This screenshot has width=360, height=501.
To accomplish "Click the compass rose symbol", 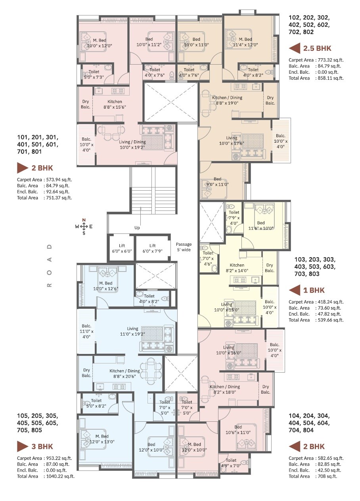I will tap(84, 227).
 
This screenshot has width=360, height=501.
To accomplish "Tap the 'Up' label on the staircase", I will tap(137, 228).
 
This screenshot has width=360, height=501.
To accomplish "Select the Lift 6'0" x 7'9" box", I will tap(152, 249).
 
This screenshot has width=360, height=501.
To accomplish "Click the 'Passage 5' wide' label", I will tap(184, 247).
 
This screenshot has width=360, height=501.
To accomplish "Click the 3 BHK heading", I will tap(42, 446).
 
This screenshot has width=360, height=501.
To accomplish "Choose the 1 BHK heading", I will tap(314, 290).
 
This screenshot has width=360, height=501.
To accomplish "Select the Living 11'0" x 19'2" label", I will tap(132, 331).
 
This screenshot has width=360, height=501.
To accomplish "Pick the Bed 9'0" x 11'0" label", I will tap(217, 182).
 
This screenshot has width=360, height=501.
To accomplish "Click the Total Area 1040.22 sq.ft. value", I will tap(59, 476).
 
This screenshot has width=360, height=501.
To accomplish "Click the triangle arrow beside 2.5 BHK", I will tap(294, 49).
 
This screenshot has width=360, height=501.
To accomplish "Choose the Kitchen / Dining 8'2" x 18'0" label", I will tap(224, 389).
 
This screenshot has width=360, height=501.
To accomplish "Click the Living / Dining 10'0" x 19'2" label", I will tap(132, 145).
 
